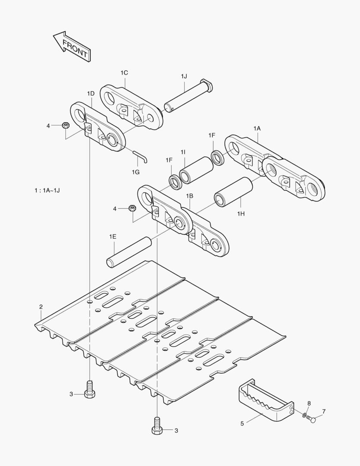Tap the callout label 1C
124,72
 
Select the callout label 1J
184,76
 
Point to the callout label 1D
91,93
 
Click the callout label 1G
135,172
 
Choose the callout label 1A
257,128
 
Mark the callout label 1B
189,195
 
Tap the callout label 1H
241,213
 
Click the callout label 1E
113,236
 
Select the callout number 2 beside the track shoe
41,307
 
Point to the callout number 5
242,424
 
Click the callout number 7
324,411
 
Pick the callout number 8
309,403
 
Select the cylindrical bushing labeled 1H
234,192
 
